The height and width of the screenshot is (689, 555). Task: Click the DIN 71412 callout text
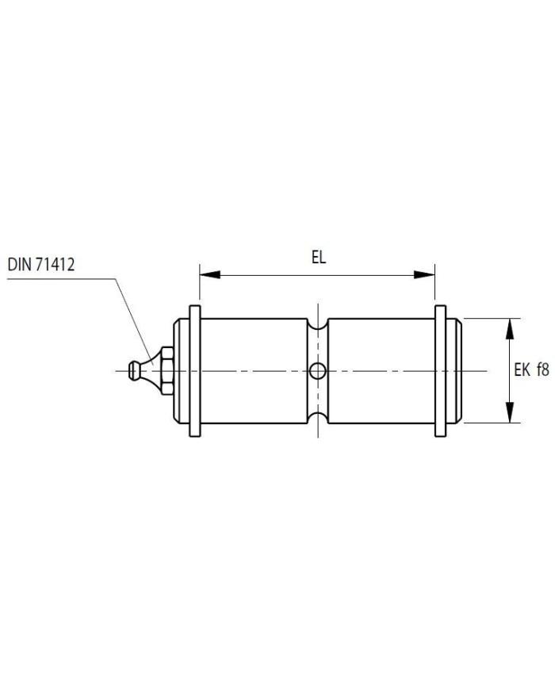41,265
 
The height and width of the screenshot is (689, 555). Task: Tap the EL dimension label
319,257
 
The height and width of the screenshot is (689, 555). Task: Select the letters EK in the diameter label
522,370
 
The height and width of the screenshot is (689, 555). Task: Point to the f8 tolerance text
542,370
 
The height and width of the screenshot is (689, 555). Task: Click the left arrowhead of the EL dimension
210,275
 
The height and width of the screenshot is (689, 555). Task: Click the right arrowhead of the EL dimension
424,275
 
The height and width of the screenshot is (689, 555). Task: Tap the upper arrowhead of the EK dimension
509,328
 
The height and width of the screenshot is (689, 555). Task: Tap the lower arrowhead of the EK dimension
509,412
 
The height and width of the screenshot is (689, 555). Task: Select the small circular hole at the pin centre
317,371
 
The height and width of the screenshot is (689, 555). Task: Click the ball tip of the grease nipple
132,370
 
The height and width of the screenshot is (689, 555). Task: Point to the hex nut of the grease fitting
166,371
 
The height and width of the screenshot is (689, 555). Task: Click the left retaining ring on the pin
195,371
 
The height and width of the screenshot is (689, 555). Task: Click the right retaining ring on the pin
440,371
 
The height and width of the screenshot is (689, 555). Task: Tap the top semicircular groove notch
317,323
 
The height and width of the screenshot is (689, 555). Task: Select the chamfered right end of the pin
454,371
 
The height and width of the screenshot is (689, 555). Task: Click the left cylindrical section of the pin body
254,371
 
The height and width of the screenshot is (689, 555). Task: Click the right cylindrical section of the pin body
381,371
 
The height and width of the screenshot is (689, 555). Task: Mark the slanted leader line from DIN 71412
134,321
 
